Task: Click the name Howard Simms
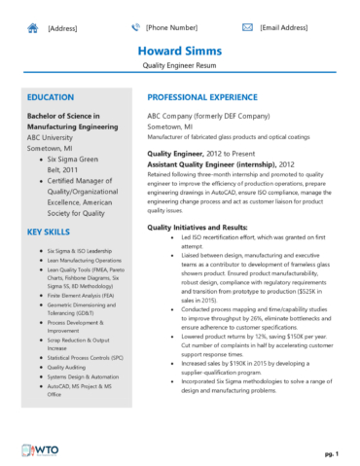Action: [x=179, y=51]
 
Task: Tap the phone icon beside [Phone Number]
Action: [x=135, y=28]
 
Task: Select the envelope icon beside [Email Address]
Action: [x=249, y=28]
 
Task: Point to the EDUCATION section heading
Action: [x=51, y=99]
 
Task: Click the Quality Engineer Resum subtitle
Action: [x=179, y=68]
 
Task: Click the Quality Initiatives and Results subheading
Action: [x=199, y=226]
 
